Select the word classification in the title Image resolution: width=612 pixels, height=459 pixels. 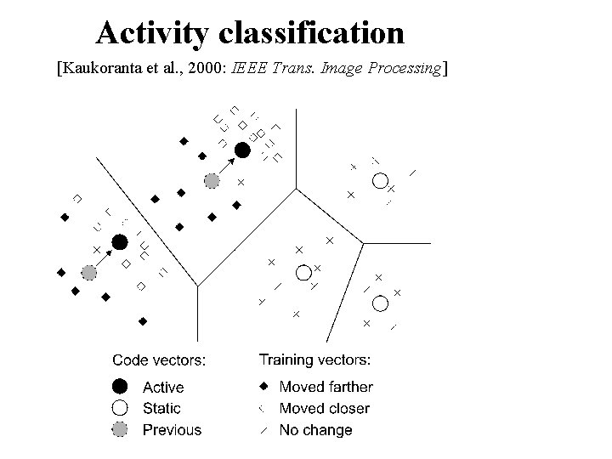[x=311, y=33]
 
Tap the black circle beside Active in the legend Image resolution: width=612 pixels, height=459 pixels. [x=121, y=387]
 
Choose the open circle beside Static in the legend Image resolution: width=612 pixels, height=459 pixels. [x=121, y=408]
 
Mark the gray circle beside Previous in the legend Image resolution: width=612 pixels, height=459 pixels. [x=121, y=429]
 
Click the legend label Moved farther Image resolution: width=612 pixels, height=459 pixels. [x=326, y=387]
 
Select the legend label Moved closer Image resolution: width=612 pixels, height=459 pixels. [x=324, y=408]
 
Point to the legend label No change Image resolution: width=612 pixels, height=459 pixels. [x=315, y=429]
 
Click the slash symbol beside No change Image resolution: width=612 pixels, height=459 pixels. [x=263, y=430]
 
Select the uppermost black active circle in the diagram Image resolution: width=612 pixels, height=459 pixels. [x=242, y=150]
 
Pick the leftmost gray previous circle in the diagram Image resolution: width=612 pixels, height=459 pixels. [x=89, y=273]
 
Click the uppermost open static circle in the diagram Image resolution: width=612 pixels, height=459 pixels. [x=380, y=180]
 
